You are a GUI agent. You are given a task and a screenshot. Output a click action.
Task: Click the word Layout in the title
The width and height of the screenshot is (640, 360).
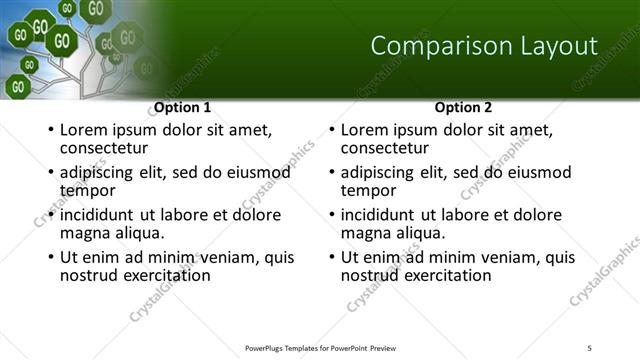[x=551, y=46]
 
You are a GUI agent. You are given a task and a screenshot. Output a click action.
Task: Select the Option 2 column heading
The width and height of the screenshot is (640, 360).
[x=463, y=107]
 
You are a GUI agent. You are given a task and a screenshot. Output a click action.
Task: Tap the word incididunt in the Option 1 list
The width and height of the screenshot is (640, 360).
[x=98, y=215]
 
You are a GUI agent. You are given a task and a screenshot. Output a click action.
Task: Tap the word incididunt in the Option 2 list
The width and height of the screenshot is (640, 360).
[x=379, y=215]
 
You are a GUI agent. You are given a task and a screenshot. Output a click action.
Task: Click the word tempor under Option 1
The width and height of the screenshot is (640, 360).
[x=87, y=189]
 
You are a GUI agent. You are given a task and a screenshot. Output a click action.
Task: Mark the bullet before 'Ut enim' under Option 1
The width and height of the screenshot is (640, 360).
[x=49, y=258]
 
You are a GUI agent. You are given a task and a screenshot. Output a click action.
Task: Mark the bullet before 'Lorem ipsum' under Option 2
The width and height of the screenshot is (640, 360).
[x=330, y=131]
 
